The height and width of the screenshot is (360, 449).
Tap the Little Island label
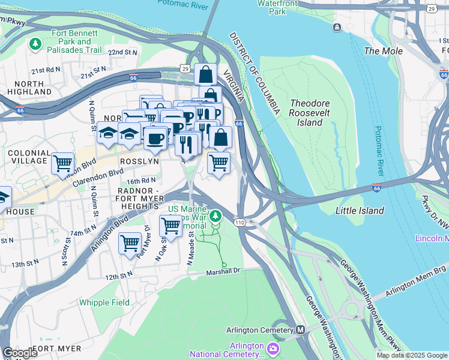360,211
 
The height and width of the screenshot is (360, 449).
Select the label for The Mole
384,51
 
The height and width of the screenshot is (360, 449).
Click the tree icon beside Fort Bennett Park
35,44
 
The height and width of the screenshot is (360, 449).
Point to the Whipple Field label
104,302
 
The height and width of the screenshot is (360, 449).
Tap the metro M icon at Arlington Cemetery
300,330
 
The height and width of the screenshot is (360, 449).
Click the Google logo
20,353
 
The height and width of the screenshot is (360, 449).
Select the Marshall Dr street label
224,271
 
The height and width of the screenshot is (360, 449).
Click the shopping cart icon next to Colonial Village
62,163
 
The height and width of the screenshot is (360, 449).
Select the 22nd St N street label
123,53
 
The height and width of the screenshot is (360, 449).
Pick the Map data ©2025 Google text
412,355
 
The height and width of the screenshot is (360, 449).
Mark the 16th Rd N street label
141,180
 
